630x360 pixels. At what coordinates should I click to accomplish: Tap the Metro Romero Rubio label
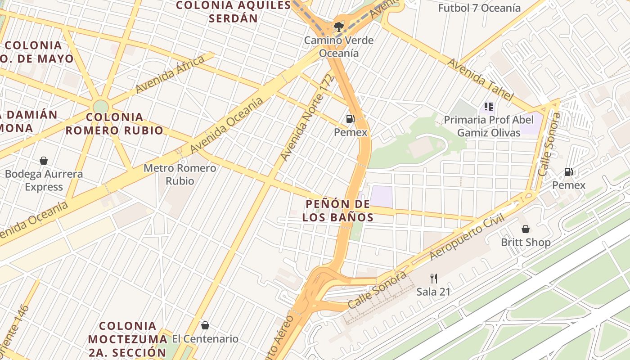click(x=180, y=175)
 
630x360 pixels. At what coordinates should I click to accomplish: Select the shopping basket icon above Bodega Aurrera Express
click(x=44, y=161)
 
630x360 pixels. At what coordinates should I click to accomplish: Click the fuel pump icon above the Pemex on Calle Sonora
click(x=569, y=172)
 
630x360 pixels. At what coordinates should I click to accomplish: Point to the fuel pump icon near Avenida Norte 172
click(x=350, y=119)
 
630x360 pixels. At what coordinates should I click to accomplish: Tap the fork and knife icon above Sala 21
click(x=433, y=278)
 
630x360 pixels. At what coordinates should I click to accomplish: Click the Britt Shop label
click(x=526, y=243)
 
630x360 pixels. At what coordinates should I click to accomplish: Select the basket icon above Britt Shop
click(x=525, y=229)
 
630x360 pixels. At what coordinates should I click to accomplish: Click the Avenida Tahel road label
click(x=480, y=80)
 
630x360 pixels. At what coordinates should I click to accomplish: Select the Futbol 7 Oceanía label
click(x=479, y=8)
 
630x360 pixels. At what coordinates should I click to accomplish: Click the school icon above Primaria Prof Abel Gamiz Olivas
click(x=489, y=107)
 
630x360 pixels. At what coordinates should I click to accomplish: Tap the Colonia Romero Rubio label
click(x=115, y=124)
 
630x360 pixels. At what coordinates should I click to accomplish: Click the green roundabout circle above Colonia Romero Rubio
click(x=101, y=107)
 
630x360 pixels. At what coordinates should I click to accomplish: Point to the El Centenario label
click(x=205, y=339)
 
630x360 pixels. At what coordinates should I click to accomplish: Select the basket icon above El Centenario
click(x=205, y=325)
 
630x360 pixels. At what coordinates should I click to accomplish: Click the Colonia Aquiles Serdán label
click(x=233, y=12)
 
